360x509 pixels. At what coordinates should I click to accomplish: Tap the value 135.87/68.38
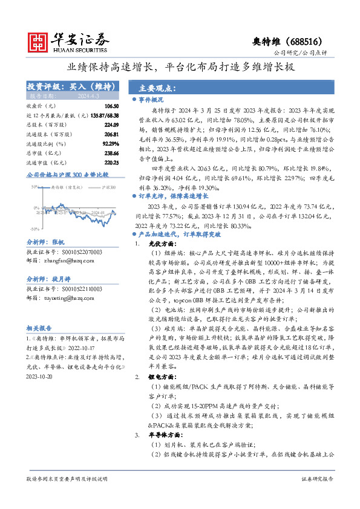(x=105, y=115)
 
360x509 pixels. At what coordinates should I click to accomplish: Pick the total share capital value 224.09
(x=110, y=125)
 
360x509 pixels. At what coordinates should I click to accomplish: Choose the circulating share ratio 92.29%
(x=110, y=144)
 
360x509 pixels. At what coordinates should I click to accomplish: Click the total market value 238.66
(x=110, y=154)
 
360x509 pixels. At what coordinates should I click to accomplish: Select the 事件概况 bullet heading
(x=151, y=99)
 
